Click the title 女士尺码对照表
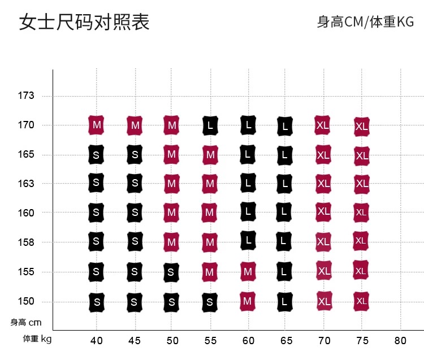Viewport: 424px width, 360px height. click(x=85, y=22)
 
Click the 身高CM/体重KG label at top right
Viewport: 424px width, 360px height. click(x=365, y=22)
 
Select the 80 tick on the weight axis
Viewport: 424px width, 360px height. click(x=400, y=340)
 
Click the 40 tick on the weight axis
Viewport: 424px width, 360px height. click(x=97, y=340)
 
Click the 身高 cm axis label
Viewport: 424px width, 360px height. click(x=26, y=323)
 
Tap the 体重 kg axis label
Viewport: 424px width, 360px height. click(x=37, y=339)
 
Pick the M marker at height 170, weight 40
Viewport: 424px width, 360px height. click(x=97, y=124)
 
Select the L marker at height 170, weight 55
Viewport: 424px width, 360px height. click(x=210, y=125)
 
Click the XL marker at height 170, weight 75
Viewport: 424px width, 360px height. click(x=362, y=127)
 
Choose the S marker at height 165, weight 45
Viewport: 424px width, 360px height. click(x=135, y=154)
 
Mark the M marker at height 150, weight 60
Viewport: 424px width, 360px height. click(x=248, y=301)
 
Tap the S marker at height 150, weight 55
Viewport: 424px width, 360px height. click(x=210, y=302)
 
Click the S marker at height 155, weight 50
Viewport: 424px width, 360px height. click(x=172, y=272)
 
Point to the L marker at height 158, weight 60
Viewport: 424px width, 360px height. click(x=248, y=240)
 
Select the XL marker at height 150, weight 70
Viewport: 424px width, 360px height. click(x=324, y=301)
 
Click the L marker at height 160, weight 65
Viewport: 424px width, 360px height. click(x=285, y=212)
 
